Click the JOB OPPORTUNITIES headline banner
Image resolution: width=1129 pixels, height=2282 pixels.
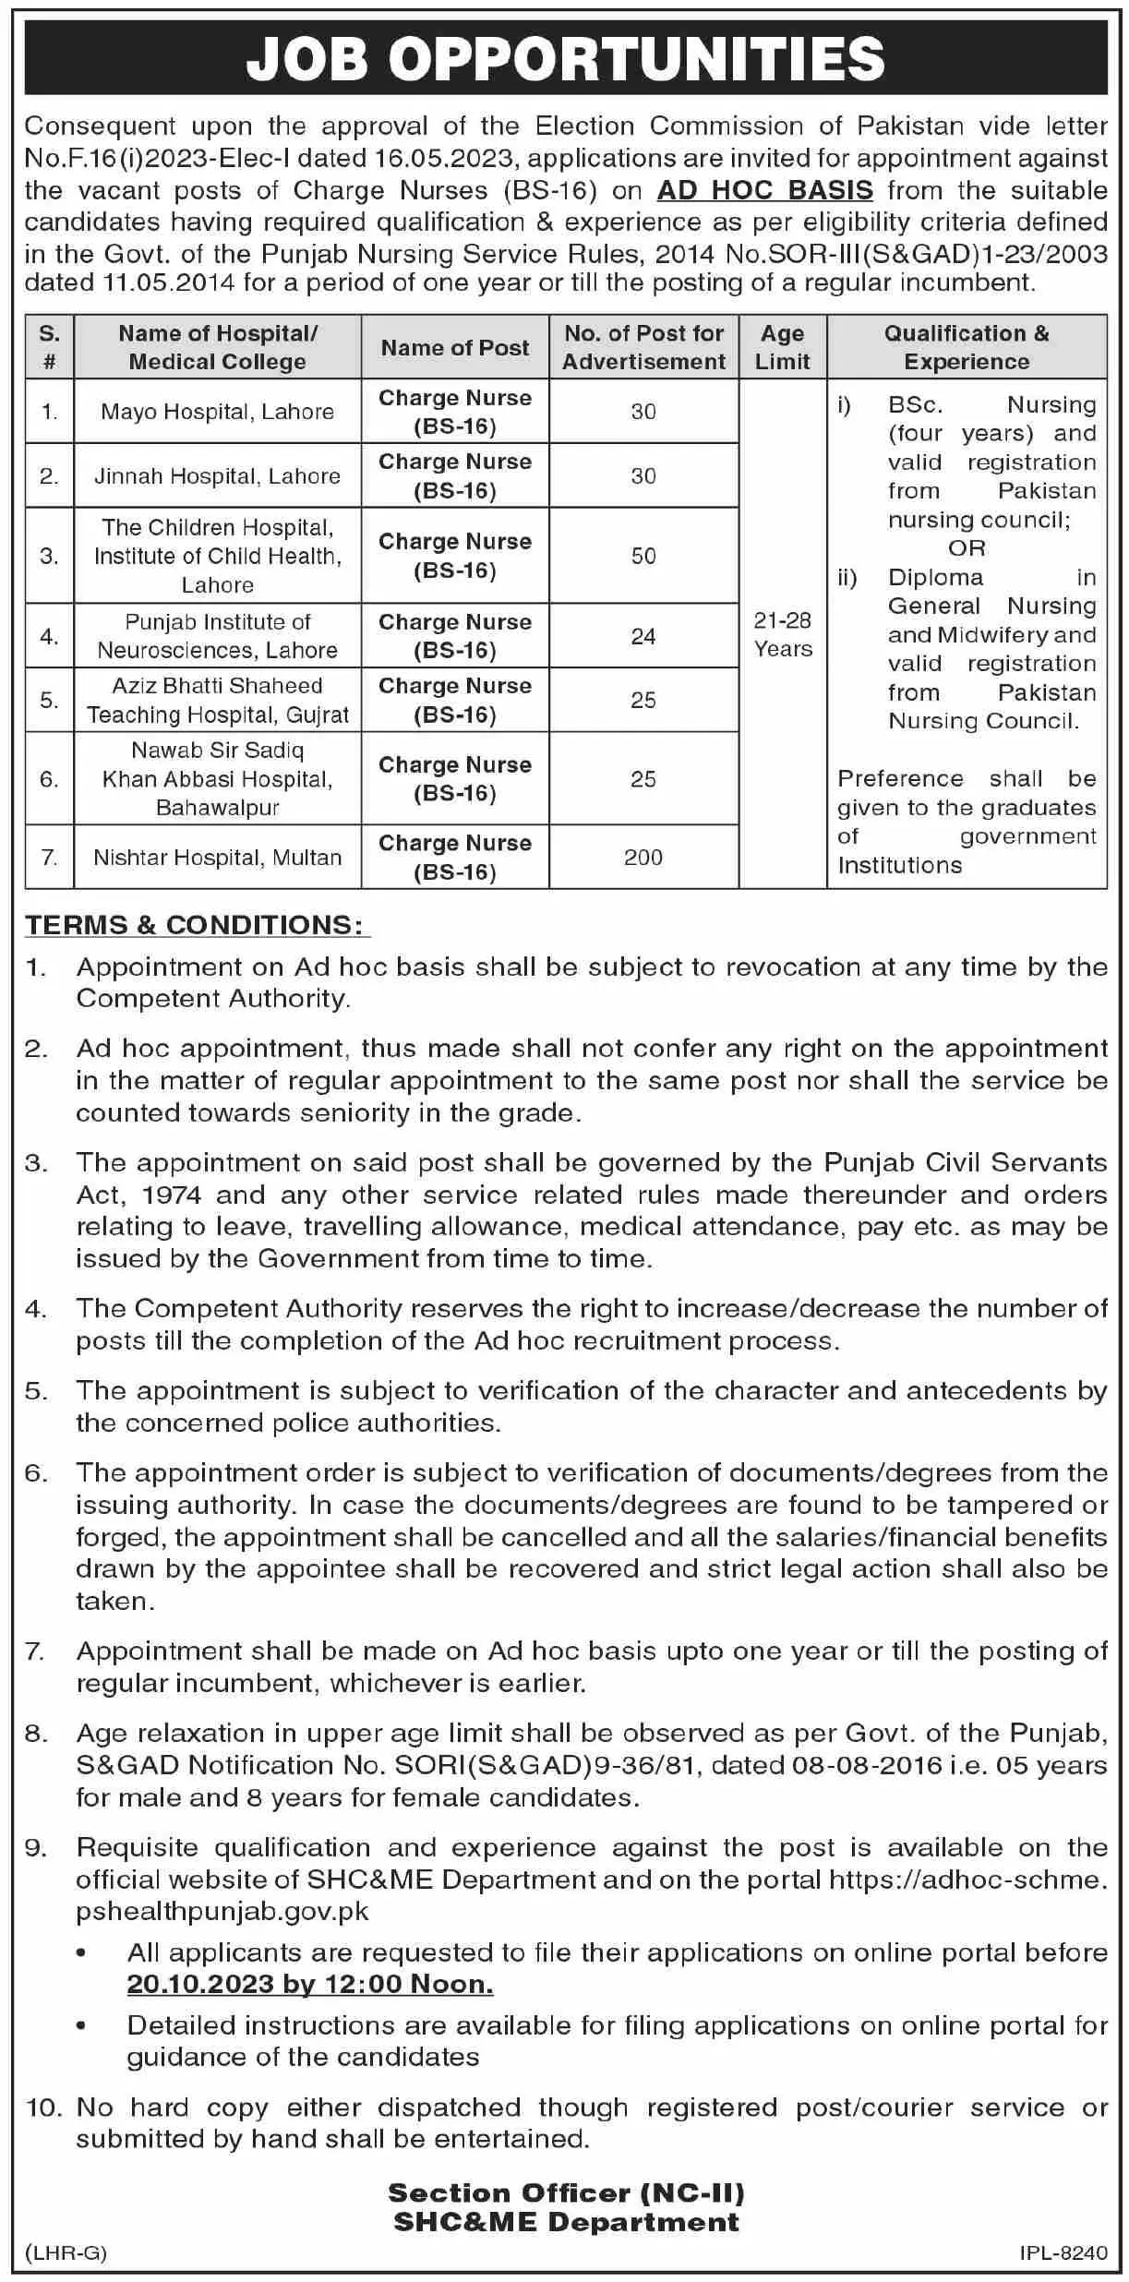(x=565, y=59)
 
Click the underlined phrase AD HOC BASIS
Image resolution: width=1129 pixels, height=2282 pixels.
(x=764, y=190)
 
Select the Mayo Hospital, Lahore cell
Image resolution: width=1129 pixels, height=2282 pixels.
(x=217, y=412)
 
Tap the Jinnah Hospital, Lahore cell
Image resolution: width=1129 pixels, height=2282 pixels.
(x=217, y=476)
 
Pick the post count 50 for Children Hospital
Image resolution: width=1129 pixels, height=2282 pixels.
(x=643, y=556)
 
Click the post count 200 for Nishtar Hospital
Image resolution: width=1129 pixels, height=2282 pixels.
(x=643, y=858)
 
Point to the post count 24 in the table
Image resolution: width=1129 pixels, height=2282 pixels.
(x=643, y=636)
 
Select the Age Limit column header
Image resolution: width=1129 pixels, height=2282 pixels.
(x=782, y=347)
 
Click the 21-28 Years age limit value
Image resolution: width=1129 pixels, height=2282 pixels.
(x=783, y=634)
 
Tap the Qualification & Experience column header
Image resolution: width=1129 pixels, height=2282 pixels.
(x=967, y=347)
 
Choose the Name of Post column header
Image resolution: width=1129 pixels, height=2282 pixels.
(x=455, y=348)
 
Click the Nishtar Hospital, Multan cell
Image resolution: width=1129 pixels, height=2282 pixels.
(x=217, y=858)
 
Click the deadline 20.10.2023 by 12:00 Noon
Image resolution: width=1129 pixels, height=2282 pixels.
(x=310, y=1984)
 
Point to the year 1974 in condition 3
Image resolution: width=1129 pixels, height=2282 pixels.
(x=172, y=1195)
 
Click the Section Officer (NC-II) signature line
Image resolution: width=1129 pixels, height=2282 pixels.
(x=566, y=2192)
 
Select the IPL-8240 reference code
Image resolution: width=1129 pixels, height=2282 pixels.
(x=1063, y=2253)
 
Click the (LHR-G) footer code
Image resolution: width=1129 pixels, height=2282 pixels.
(x=66, y=2253)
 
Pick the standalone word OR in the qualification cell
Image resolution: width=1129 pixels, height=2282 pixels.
(x=967, y=548)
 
